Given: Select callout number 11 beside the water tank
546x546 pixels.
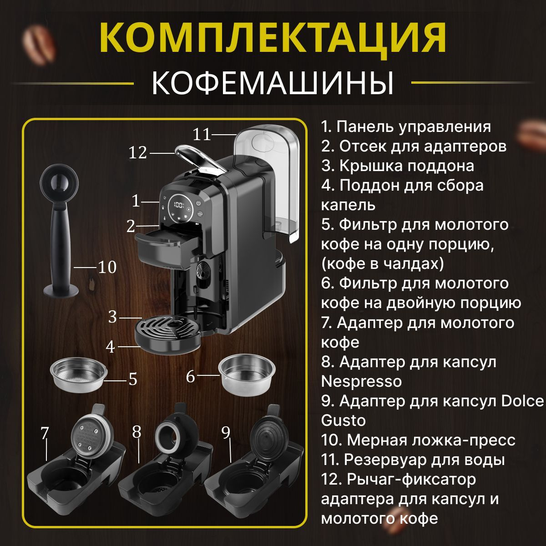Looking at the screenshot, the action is point(202,134).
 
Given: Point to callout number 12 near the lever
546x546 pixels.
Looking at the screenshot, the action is point(138,153).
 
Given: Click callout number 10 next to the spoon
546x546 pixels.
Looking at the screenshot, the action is point(107,267).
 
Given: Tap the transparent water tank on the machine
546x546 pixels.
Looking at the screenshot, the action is point(268,182).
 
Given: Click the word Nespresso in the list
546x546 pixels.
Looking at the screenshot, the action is point(362,382).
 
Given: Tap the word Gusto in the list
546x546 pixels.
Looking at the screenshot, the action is point(344,420).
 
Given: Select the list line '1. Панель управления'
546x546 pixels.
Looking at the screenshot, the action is point(406,127).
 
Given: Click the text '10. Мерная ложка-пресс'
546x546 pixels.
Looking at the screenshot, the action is point(418,440).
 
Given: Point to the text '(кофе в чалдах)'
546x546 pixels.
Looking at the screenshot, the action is point(383,264).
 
